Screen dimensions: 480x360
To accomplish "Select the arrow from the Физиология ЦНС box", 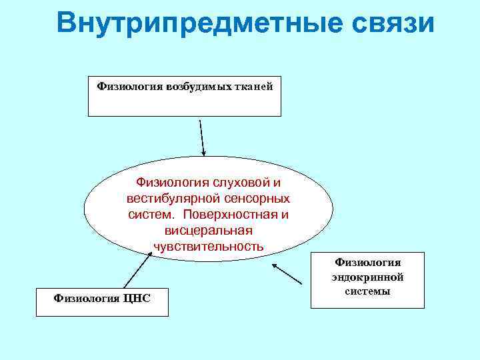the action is pyautogui.click(x=137, y=272).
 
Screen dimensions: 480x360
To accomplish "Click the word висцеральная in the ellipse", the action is pyautogui.click(x=208, y=230).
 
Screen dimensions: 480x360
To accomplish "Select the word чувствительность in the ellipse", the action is pyautogui.click(x=208, y=246).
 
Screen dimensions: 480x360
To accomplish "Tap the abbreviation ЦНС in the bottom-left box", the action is pyautogui.click(x=137, y=297).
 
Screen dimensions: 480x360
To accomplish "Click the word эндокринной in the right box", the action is pyautogui.click(x=367, y=277).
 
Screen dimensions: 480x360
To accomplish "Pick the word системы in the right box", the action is pyautogui.click(x=367, y=291).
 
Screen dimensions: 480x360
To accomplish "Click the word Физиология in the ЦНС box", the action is pyautogui.click(x=85, y=297).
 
